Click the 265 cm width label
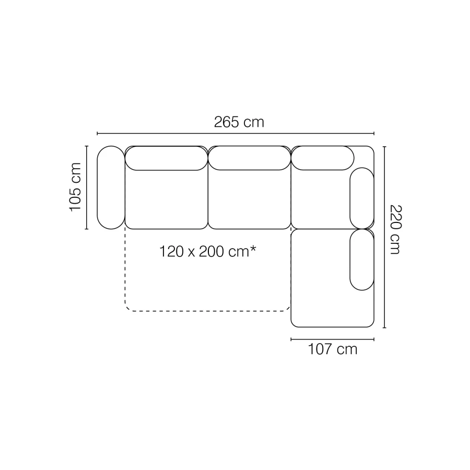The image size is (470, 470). point(239,122)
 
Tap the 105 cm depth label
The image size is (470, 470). point(75,187)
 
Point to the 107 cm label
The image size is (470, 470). point(333,349)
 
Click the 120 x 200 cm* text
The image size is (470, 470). point(208,251)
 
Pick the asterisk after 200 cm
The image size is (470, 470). point(253,249)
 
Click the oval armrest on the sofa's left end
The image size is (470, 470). point(111,187)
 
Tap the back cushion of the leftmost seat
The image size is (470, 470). point(167,158)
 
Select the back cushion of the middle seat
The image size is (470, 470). point(250,158)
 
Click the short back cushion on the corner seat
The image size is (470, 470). point(323,158)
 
